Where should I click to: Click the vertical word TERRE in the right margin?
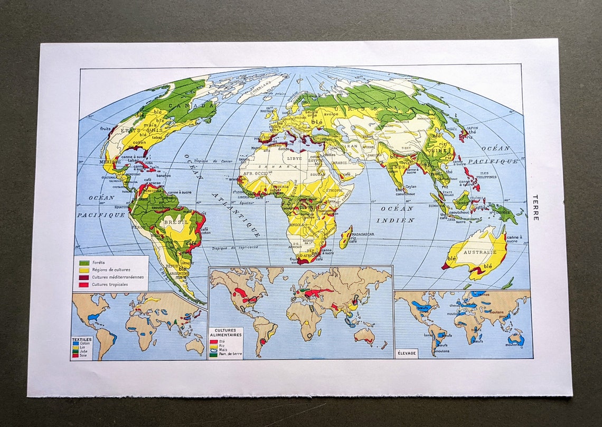pos(535,207)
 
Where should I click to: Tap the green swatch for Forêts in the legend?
pos(83,262)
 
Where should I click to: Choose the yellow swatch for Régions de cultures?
pos(83,270)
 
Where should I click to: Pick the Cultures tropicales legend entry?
pos(109,284)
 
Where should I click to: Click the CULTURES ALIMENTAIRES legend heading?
pos(225,333)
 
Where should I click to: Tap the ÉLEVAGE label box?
pos(406,353)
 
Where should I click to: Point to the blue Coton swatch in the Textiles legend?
pos(75,344)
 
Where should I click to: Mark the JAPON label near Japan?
pos(472,127)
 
